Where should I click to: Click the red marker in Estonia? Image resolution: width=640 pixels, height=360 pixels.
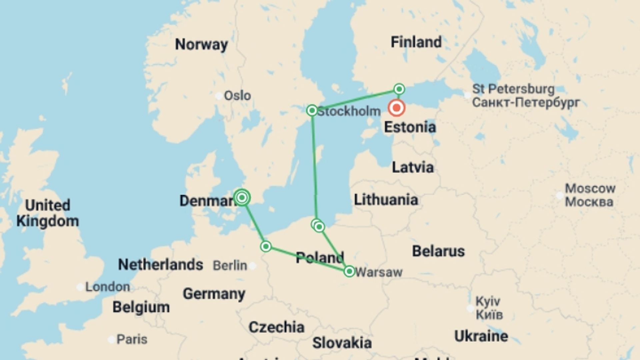pos(397,108)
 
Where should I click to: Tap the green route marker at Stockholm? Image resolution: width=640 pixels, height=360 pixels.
pos(312,110)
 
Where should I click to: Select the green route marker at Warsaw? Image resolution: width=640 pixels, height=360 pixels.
pos(349,271)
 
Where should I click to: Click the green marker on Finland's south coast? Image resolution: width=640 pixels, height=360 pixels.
pos(399,89)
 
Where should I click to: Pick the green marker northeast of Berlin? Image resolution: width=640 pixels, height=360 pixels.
pos(266,246)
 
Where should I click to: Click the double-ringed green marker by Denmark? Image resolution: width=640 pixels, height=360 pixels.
pos(242,198)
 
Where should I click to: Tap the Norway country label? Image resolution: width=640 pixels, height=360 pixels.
pos(201,44)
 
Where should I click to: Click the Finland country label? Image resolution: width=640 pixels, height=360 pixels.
pos(416,42)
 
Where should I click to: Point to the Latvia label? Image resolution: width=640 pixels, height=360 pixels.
pos(413,167)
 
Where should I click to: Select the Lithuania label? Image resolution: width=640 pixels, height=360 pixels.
pos(386,200)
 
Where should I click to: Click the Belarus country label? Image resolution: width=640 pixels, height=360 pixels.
pos(438,251)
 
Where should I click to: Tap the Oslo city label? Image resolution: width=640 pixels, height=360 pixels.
pos(237,96)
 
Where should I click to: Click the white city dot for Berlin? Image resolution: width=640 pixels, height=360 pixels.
pos(253,266)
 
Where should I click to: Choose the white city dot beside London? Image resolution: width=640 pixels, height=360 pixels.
pos(80,287)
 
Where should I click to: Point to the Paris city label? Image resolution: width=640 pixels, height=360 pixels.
pos(132,339)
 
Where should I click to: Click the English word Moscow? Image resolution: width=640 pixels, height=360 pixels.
pos(590,189)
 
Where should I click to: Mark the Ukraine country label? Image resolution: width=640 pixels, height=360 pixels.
pos(481,336)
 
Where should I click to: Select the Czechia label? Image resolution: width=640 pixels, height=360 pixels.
pos(276,327)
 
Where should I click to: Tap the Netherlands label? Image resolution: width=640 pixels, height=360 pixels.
pos(160,265)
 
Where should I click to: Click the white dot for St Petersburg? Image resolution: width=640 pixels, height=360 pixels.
pos(468,95)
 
